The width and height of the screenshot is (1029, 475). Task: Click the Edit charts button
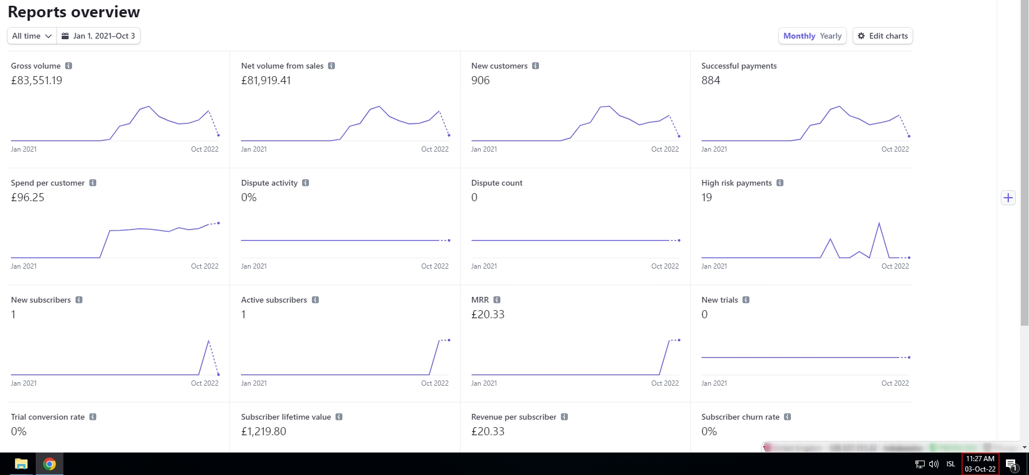(883, 36)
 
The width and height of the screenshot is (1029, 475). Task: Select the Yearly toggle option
(831, 36)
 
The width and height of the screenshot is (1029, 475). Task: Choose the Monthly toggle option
(799, 36)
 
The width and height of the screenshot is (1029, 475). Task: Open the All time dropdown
(32, 36)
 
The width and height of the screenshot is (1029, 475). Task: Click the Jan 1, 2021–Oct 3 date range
(99, 36)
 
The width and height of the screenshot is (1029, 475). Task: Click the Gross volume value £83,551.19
(36, 81)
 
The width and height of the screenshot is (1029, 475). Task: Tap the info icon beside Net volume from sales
(331, 66)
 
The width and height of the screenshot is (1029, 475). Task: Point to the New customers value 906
(480, 81)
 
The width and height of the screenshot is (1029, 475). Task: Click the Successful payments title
(738, 66)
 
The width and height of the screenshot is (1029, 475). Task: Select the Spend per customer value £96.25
(28, 198)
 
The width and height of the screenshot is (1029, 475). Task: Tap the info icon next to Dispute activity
(306, 183)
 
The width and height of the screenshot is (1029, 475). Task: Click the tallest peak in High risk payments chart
(879, 223)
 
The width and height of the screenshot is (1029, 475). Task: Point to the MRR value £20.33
(488, 315)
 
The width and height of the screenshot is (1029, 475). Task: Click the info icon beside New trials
(746, 300)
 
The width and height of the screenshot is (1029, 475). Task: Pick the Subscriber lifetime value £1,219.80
(263, 432)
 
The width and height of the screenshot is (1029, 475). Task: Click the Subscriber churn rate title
(740, 417)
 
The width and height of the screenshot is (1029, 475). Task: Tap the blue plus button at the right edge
(1008, 198)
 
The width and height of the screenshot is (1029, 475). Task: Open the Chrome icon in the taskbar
(50, 464)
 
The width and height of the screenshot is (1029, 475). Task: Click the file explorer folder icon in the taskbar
(21, 464)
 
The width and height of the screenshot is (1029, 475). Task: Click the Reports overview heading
(74, 12)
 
